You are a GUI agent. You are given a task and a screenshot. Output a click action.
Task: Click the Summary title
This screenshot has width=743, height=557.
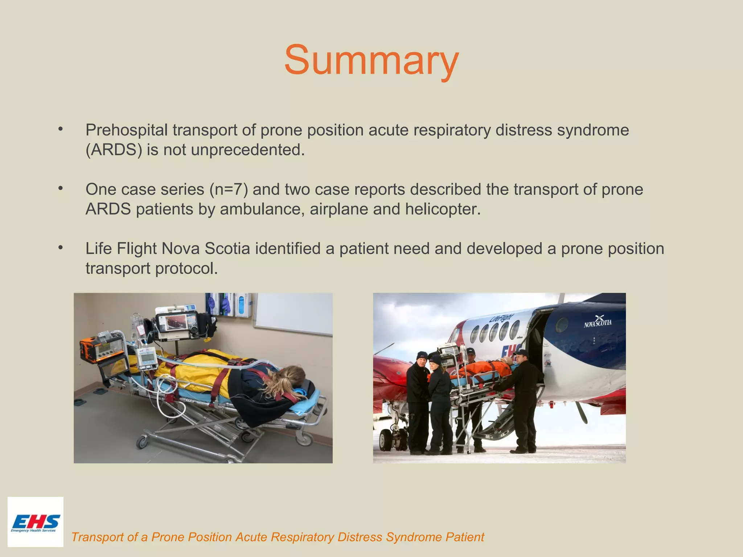371,60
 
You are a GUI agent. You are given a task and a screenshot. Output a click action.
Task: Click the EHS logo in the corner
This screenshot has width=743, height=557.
35,522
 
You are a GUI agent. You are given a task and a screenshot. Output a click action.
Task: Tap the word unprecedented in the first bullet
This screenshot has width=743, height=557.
247,150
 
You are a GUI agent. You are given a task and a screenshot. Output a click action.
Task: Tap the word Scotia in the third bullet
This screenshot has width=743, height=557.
227,249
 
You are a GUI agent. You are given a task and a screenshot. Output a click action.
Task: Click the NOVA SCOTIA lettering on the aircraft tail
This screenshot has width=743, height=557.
598,322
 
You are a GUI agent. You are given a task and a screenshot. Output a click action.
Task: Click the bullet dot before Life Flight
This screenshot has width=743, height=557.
61,248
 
